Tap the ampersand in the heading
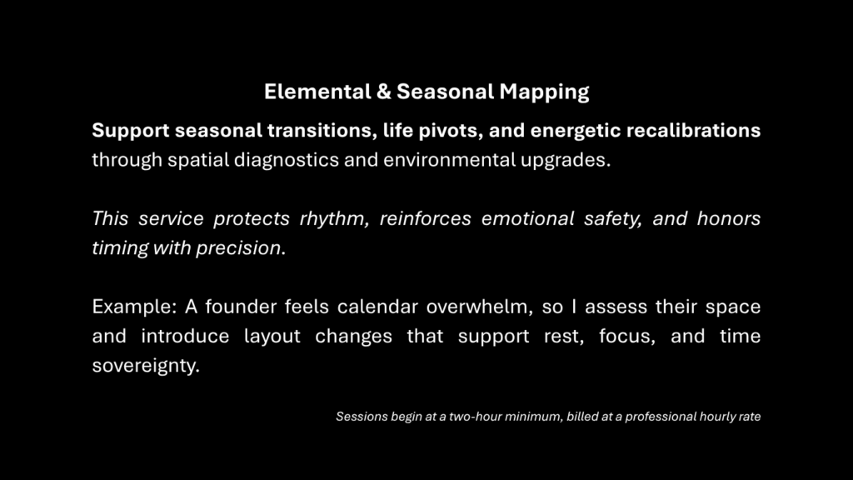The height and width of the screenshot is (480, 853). tap(383, 92)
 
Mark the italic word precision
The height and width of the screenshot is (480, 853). tap(241, 248)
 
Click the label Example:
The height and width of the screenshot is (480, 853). tap(133, 307)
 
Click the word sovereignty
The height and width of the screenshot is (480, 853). tap(146, 366)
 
